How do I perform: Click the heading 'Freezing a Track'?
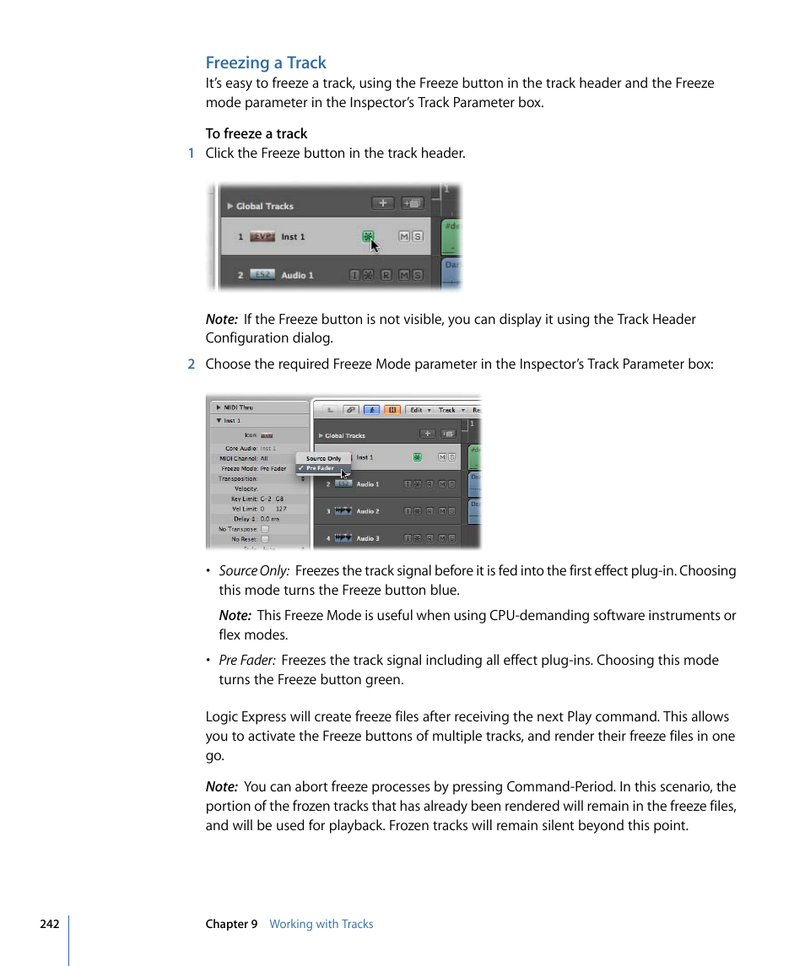(x=266, y=62)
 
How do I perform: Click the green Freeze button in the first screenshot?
(x=368, y=237)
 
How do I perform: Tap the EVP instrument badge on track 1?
(x=263, y=237)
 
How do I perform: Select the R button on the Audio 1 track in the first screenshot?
(x=386, y=275)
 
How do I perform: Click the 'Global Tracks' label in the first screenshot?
(x=264, y=206)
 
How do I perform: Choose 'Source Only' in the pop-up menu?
(x=323, y=459)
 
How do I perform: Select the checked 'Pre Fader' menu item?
(x=320, y=468)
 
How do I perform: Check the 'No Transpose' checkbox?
(x=264, y=529)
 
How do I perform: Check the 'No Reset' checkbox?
(x=264, y=539)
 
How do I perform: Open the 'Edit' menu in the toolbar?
(x=419, y=410)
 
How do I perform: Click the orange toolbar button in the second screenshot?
(x=392, y=410)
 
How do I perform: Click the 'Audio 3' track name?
(x=367, y=538)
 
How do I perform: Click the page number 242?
(x=49, y=924)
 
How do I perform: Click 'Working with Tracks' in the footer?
(x=321, y=924)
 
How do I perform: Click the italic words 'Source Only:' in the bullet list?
(x=254, y=571)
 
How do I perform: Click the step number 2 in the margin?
(x=191, y=364)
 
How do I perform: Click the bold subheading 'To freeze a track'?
(x=257, y=133)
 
